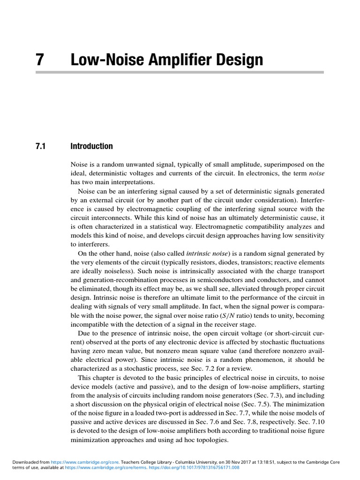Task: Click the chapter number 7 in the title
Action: point(40,60)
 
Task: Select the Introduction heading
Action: point(91,146)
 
